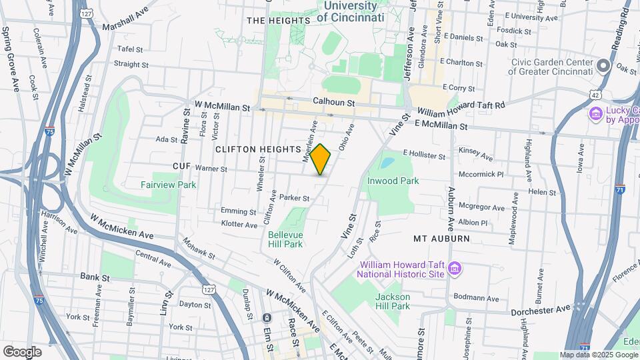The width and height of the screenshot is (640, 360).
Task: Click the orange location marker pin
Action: (x=321, y=159)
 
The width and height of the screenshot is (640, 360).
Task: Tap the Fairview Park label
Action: (x=168, y=185)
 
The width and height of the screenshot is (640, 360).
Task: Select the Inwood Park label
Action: (x=392, y=181)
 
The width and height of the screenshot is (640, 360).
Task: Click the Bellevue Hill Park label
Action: (x=285, y=239)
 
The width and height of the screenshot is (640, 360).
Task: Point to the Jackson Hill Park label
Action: (x=392, y=301)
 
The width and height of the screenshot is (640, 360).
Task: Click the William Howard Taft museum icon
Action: (x=455, y=268)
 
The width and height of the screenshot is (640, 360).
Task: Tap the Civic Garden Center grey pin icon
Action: (x=603, y=66)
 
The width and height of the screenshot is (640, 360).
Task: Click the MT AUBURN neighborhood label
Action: (x=441, y=238)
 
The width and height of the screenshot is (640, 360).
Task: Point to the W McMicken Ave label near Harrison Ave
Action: (x=123, y=227)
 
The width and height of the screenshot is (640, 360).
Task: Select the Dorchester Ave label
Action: (x=541, y=310)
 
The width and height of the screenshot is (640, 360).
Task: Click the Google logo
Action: (x=22, y=351)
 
